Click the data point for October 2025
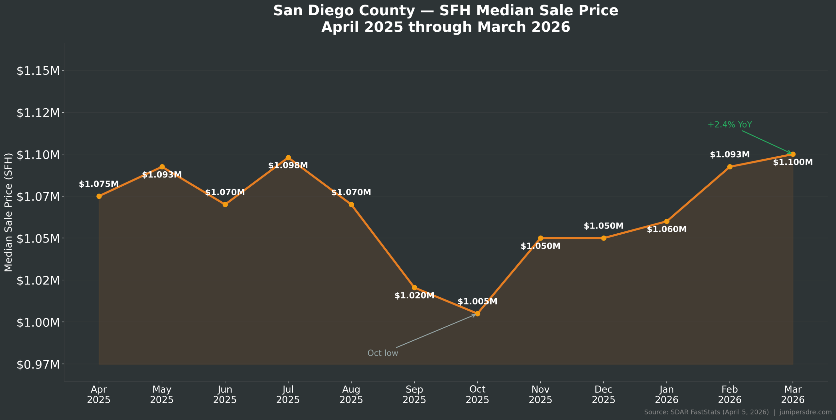(477, 314)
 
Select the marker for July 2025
(288, 158)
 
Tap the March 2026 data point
(793, 154)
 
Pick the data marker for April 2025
(99, 196)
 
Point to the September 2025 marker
(414, 288)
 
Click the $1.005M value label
(477, 302)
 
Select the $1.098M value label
(288, 165)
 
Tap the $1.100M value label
(793, 162)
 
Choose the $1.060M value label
(667, 229)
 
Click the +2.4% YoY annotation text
(730, 125)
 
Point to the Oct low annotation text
(383, 353)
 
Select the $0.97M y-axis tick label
(38, 365)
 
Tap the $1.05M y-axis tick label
(38, 239)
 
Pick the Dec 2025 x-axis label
(603, 394)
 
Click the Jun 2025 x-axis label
(225, 394)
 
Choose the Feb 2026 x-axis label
(730, 394)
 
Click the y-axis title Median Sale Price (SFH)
(8, 212)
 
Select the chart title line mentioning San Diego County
(446, 10)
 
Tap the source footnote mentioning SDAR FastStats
(738, 412)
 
